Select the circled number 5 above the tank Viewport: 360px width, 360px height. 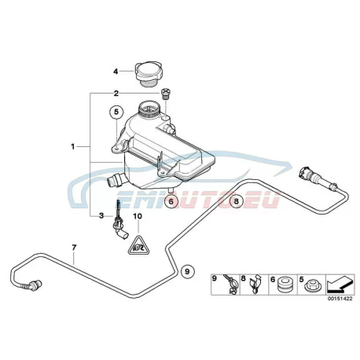pos(116,112)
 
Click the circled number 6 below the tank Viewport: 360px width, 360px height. pos(171,201)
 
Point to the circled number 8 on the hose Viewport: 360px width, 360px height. pos(236,201)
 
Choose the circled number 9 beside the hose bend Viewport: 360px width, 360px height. pos(187,270)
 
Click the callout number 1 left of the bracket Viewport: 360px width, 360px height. pos(73,146)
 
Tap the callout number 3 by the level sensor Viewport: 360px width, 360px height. pos(101,216)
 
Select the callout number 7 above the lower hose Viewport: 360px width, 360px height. pos(74,247)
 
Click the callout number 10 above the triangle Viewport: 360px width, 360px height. pos(138,216)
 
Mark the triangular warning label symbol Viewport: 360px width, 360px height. pos(138,245)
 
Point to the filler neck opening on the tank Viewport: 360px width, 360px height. pos(149,108)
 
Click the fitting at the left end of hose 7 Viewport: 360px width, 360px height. pos(34,285)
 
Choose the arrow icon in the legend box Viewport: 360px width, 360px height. pos(340,285)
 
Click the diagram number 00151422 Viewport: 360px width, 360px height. pos(340,299)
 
